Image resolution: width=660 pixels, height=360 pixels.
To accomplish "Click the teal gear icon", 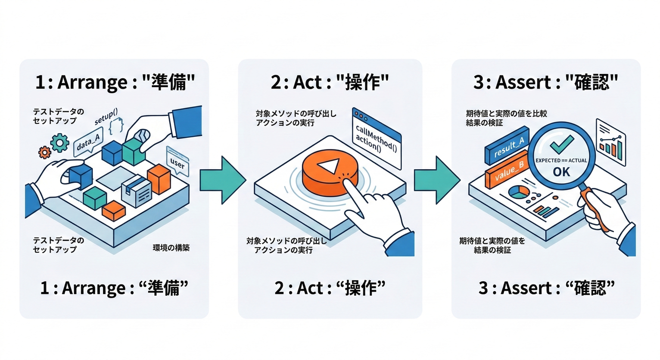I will (x=60, y=142).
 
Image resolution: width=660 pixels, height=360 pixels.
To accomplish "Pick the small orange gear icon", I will (x=45, y=152).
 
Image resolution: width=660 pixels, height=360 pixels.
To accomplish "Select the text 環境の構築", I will (x=171, y=248).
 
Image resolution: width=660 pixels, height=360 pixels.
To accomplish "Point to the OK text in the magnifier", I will (x=561, y=172).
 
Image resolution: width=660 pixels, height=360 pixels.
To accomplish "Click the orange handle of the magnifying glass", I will (x=596, y=207).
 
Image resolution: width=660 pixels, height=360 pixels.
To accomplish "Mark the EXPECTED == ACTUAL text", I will (x=561, y=160).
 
